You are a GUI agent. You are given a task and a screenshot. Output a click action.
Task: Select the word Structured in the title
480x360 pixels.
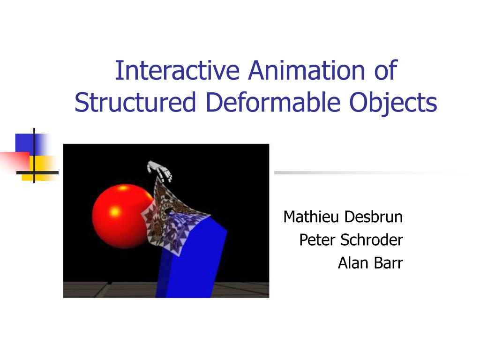pos(135,103)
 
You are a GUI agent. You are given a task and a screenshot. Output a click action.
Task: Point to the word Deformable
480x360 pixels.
pos(272,103)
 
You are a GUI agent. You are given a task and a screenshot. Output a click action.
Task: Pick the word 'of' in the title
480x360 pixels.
pos(385,70)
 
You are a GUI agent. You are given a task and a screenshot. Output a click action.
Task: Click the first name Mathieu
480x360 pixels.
pos(312,217)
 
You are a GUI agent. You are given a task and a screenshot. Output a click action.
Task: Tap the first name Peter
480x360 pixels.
pos(317,240)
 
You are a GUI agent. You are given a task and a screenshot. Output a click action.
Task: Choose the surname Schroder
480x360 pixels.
pos(371,240)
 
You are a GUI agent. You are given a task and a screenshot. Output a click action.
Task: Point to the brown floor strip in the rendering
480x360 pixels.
pos(108,289)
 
